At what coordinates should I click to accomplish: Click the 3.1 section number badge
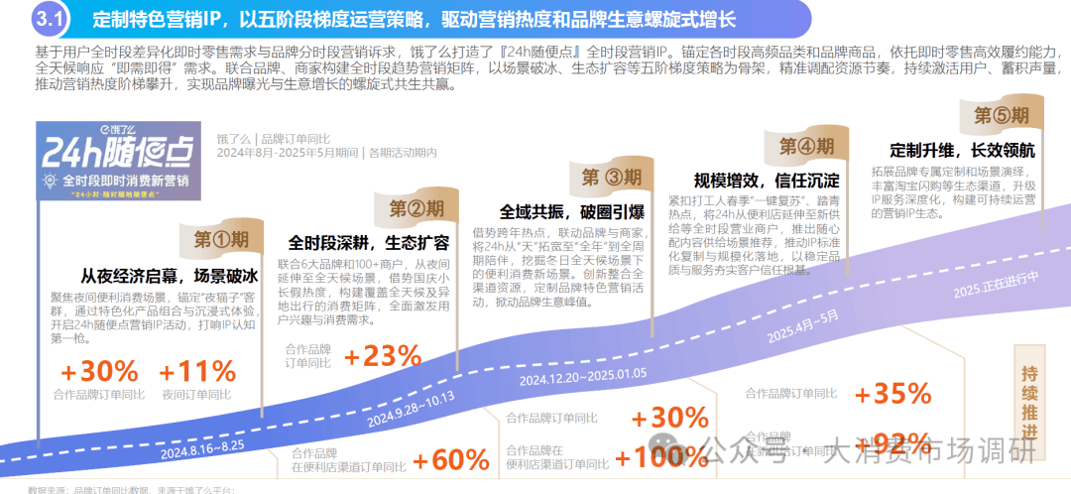48,18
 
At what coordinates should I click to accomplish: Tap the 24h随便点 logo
117,160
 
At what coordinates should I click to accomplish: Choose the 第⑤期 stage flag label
1002,116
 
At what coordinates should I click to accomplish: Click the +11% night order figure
196,372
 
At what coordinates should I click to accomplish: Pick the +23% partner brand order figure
383,356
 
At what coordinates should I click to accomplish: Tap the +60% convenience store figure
450,460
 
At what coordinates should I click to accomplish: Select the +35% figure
892,394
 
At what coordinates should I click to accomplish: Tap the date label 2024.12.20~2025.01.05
582,374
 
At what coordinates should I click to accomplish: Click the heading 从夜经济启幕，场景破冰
171,276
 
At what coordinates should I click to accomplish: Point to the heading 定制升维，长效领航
962,151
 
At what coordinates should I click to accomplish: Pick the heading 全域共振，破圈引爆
572,212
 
